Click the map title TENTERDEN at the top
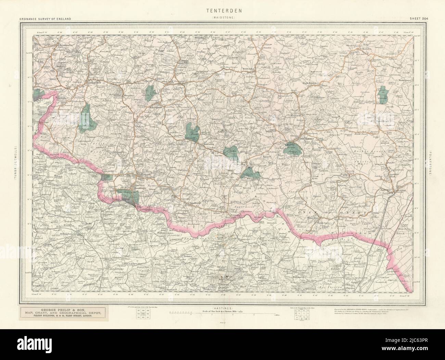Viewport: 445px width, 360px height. (x=222, y=11)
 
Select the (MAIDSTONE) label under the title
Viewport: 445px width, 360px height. (x=222, y=17)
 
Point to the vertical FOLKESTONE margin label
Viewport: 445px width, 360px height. (x=430, y=163)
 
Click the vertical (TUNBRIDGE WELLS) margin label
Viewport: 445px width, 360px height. (x=15, y=163)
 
